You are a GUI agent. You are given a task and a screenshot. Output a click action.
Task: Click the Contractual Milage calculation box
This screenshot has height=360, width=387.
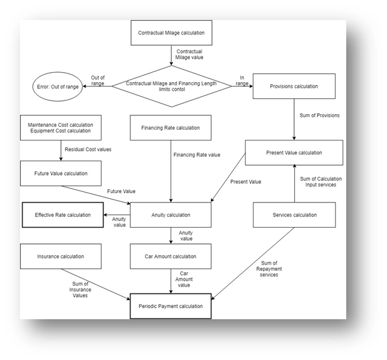coord(171,32)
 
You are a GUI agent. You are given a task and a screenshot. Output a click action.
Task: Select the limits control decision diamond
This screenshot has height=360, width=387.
coord(171,86)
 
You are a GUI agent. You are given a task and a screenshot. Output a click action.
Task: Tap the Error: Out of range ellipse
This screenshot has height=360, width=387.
coord(56,87)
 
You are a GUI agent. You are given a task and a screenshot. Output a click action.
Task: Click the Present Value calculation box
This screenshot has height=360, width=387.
coord(294,152)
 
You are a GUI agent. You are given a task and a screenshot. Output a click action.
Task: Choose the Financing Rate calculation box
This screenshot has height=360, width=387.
coord(171,128)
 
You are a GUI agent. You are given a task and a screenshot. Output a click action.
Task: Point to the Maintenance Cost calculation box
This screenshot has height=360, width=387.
coord(60,129)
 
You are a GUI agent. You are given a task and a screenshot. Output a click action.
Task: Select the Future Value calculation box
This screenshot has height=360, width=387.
coord(60,172)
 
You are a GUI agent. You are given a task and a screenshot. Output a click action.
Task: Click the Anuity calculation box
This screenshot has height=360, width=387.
coord(171,215)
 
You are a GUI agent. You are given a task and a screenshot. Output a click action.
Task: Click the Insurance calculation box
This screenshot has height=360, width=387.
coord(60,257)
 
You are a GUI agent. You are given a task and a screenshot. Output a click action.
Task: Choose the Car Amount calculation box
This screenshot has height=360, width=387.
coord(171,257)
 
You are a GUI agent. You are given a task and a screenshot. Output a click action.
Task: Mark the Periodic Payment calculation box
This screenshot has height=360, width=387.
coord(171,306)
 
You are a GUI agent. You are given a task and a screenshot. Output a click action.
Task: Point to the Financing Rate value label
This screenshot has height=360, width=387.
coord(196,154)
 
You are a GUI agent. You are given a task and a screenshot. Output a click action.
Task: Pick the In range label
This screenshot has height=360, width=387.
coord(244,80)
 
